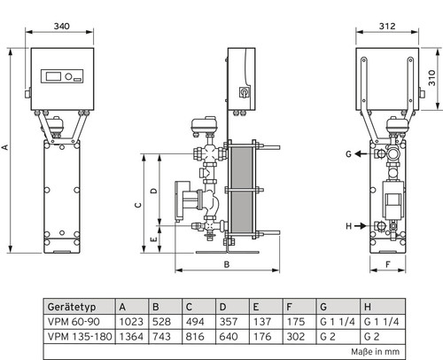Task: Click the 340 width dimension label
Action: (x=62, y=27)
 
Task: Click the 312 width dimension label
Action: (x=387, y=27)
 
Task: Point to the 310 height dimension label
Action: (x=432, y=78)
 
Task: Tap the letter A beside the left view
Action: (x=5, y=147)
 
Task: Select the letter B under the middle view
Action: (x=227, y=264)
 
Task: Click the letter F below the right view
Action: (x=388, y=264)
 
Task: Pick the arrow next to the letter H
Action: (x=361, y=226)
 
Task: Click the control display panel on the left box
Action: (x=62, y=76)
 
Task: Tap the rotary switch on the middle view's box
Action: (x=245, y=93)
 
